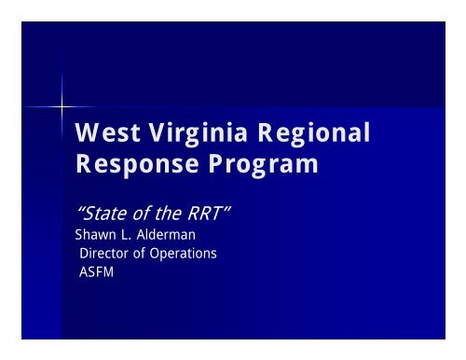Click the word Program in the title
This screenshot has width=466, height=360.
(263, 168)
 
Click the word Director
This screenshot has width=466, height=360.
(103, 253)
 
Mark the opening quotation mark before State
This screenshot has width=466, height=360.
(78, 211)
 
